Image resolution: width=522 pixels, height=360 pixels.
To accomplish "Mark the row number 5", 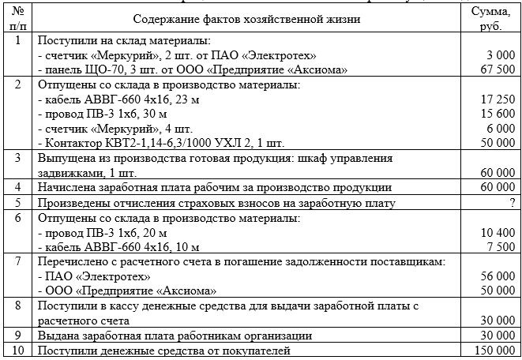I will tap(17, 202).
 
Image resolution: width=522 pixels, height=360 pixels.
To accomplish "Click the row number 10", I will tap(17, 351).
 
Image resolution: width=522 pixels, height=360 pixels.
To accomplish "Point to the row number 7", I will tap(17, 262).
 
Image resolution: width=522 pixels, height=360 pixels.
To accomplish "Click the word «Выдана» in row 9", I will tap(59, 336).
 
